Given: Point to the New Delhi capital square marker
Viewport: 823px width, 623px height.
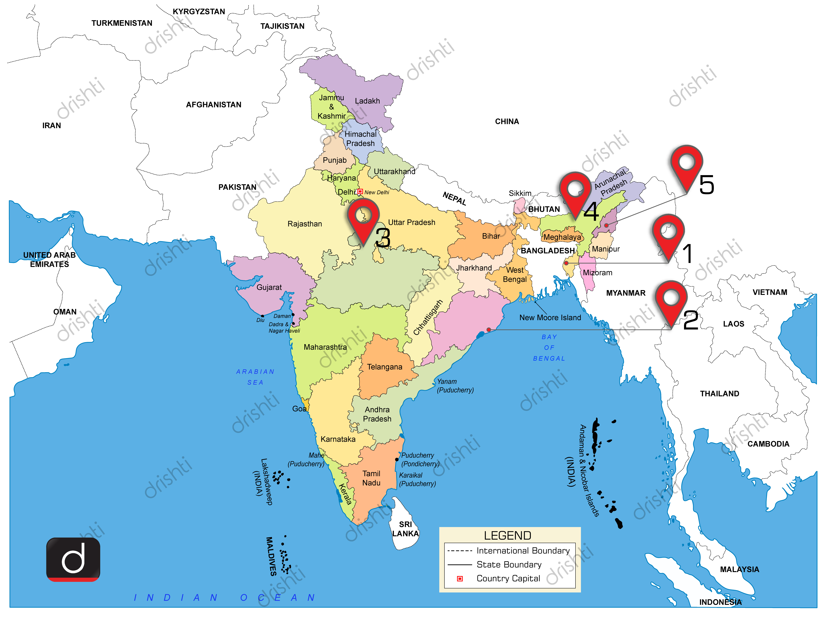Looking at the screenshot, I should tap(360, 192).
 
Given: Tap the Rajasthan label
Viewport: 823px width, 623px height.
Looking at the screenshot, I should tap(305, 224).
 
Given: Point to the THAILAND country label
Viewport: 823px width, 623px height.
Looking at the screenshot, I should tap(720, 393).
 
